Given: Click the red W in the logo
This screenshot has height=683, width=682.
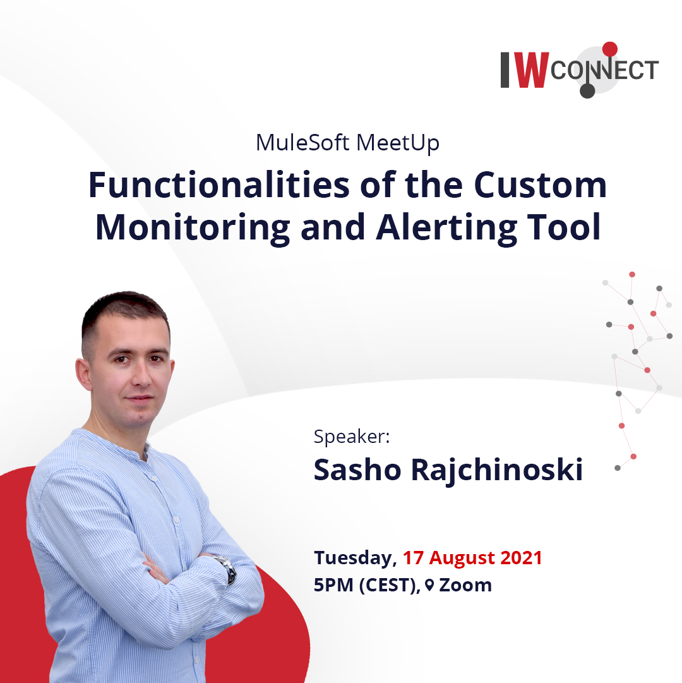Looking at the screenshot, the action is pos(531,70).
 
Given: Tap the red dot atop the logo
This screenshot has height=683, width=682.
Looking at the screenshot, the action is pos(610,49).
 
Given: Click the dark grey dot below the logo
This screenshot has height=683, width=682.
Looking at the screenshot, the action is pos(587,90).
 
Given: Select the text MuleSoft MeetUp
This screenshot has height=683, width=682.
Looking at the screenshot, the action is pos(347,143).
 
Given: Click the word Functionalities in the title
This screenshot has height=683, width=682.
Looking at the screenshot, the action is pos(219,185).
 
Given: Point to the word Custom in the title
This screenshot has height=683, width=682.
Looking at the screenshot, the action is pos(540,185).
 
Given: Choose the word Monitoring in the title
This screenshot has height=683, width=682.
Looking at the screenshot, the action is pos(193,227).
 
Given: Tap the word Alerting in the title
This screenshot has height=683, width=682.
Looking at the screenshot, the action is pos(446,227).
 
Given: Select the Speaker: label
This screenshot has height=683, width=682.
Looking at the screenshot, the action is pos(352,437).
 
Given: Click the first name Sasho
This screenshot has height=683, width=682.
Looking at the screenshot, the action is pos(357,469).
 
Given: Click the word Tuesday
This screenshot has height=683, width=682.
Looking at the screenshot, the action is pos(355,559).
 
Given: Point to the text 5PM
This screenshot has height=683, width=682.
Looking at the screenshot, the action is pos(333,585).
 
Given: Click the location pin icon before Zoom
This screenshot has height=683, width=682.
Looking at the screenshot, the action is pos(429,585).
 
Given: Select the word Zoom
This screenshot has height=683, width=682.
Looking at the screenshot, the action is pos(465,585).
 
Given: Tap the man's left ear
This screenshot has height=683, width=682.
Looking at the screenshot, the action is pos(83,374).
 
